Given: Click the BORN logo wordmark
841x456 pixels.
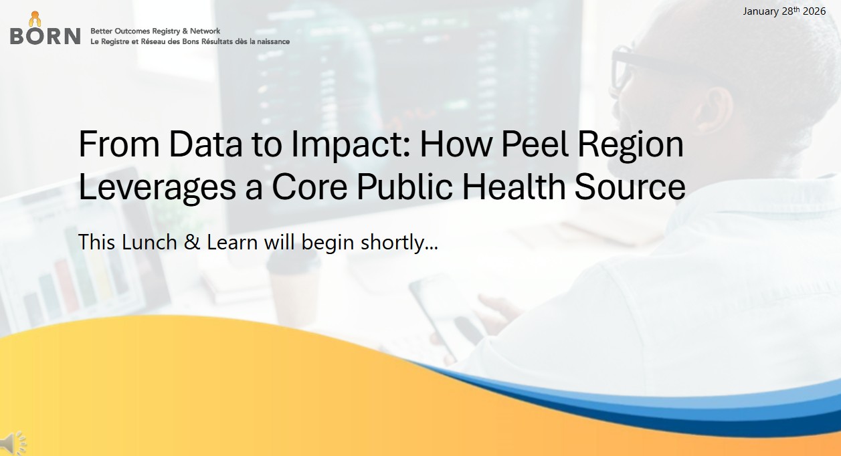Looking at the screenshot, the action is point(45,36).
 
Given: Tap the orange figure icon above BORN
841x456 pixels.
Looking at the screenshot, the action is point(35,19).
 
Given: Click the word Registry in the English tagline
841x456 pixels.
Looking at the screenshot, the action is point(165,31).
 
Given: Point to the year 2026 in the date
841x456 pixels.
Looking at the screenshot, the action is point(814,11).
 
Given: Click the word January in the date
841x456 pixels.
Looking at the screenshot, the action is point(761,11).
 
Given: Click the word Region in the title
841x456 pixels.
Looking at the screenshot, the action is point(631,145).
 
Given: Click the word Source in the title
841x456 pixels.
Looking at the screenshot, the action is point(630,187).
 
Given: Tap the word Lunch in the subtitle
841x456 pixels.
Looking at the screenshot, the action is point(149,241).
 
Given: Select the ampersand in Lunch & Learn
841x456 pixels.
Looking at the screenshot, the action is point(192,242).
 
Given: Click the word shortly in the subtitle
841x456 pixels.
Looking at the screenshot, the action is point(393,243).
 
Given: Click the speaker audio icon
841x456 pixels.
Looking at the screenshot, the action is point(13,443).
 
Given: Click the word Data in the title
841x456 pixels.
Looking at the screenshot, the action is point(205,144).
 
